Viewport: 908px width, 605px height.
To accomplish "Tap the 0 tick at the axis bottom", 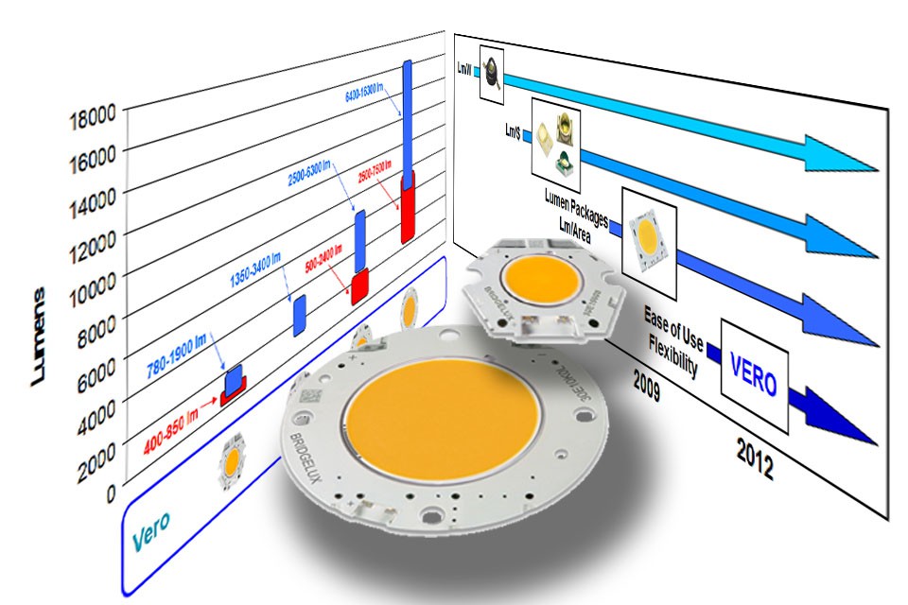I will coord(111,493).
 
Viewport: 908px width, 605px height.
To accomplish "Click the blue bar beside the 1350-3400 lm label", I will coord(299,315).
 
